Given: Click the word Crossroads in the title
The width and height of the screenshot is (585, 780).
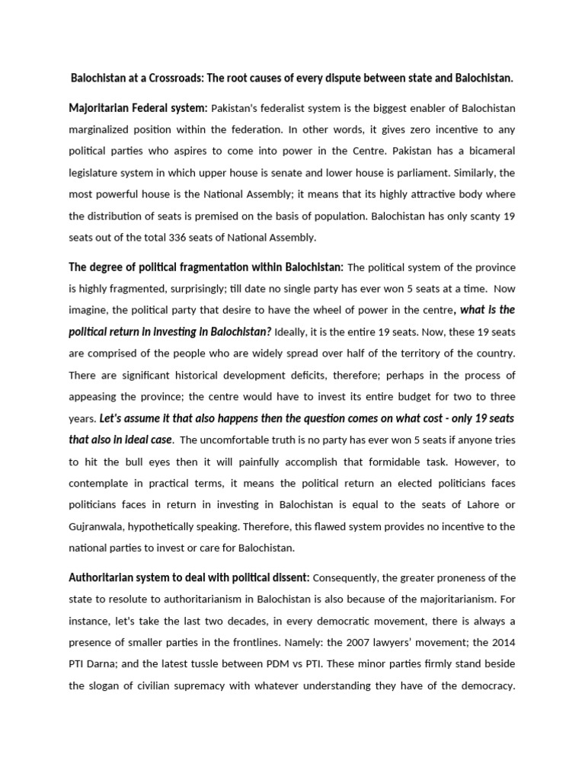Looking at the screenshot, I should (173, 78).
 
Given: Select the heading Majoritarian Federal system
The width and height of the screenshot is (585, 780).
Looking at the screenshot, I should (138, 108).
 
